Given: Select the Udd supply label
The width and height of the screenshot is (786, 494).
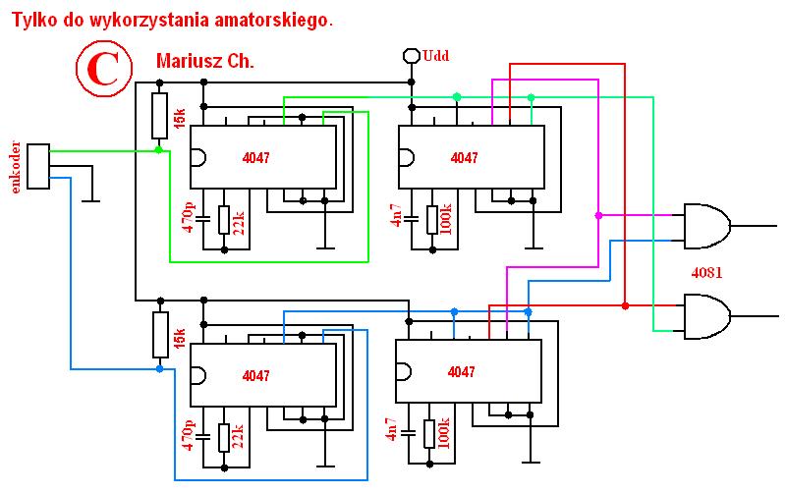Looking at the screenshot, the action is pyautogui.click(x=435, y=55).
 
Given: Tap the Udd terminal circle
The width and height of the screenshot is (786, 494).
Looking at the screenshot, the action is pyautogui.click(x=412, y=56).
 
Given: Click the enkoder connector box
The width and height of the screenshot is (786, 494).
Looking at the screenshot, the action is pyautogui.click(x=38, y=166).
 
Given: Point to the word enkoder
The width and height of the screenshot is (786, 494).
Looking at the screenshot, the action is pyautogui.click(x=16, y=167).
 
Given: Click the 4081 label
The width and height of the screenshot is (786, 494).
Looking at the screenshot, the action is pyautogui.click(x=706, y=273).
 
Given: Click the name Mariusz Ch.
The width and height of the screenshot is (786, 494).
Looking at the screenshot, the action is pyautogui.click(x=205, y=61).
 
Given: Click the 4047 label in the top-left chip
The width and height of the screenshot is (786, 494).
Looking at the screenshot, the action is pyautogui.click(x=255, y=158).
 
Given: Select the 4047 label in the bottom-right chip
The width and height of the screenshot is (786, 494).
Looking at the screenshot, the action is pyautogui.click(x=461, y=372).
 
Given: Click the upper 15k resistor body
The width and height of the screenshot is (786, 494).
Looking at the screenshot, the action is pyautogui.click(x=159, y=116).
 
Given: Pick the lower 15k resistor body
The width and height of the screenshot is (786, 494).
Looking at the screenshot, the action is pyautogui.click(x=160, y=335).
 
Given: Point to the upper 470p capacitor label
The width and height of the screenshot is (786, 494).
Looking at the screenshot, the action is pyautogui.click(x=189, y=217).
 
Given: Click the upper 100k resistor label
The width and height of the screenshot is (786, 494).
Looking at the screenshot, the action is pyautogui.click(x=445, y=219).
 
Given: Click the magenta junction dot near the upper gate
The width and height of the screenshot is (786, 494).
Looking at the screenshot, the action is pyautogui.click(x=598, y=215).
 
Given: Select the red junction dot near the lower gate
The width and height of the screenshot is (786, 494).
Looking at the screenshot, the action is pyautogui.click(x=625, y=305).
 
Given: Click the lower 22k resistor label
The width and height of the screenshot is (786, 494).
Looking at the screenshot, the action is pyautogui.click(x=238, y=436).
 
